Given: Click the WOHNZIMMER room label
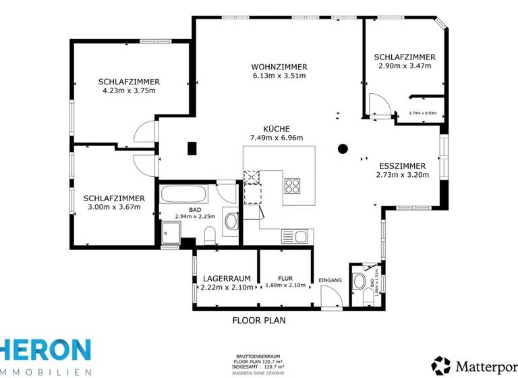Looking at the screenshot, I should click(279, 67).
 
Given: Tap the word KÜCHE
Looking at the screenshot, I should click(277, 129).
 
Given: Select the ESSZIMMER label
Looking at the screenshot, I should click(402, 165).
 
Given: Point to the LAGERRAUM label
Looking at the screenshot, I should click(227, 278).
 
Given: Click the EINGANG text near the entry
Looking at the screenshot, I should click(330, 280).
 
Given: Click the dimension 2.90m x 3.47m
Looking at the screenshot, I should click(405, 66).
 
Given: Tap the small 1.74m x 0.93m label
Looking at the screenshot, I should click(423, 113).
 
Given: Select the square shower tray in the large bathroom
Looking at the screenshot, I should click(171, 234).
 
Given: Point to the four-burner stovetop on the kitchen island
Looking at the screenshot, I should click(292, 186).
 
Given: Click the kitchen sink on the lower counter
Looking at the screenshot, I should click(295, 236).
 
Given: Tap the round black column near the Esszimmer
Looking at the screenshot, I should click(343, 148).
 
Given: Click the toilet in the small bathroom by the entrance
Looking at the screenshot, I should click(360, 281).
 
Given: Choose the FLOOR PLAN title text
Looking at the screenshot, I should click(259, 320).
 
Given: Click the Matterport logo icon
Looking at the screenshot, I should click(441, 365).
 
